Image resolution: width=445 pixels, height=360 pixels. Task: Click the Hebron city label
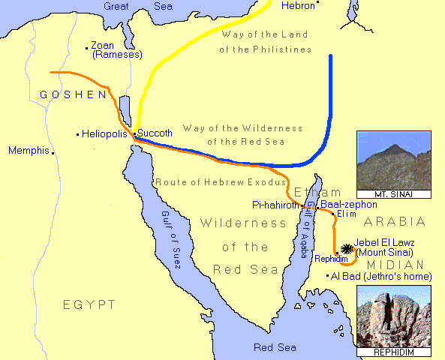coord(297,5)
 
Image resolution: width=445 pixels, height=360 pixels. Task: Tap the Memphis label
coord(29,151)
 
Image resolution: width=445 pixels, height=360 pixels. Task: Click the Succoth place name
coord(155,133)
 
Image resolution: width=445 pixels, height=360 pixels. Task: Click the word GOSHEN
coord(73,94)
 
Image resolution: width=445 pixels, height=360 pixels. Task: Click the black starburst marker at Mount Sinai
coord(347,248)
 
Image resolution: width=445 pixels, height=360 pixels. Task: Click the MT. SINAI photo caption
coord(394,194)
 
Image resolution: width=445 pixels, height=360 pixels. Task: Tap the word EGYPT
coord(89,304)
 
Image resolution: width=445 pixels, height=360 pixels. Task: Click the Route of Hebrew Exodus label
coord(220,182)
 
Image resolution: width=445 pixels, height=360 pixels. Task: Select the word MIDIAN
coord(394,265)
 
